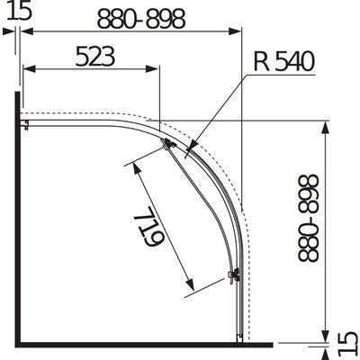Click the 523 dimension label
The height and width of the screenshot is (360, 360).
coord(94,56)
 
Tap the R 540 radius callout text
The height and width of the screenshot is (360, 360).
coord(283,61)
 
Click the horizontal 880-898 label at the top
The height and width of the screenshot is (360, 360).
coord(141,19)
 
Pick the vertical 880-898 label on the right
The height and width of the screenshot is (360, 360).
coord(309,218)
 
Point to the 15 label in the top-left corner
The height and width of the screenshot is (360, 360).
coord(19,10)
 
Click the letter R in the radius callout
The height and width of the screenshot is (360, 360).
coord(260,61)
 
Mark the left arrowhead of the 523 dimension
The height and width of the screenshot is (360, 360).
coord(30,68)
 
